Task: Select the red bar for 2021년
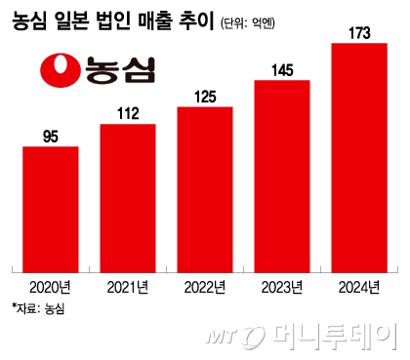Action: click(x=127, y=199)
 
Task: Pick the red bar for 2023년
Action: click(x=282, y=175)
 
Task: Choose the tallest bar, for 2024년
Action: click(x=360, y=156)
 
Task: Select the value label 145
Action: click(x=282, y=70)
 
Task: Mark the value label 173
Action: click(x=360, y=34)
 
